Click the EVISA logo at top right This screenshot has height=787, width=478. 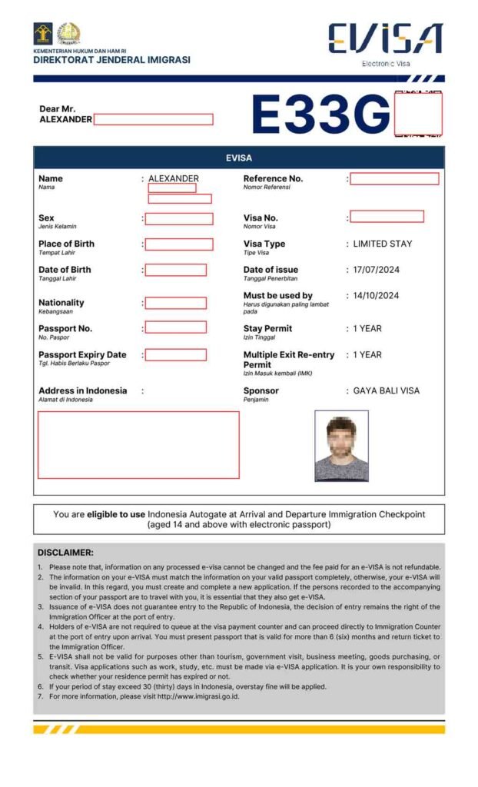point(385,40)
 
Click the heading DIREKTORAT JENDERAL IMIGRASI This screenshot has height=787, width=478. point(111,60)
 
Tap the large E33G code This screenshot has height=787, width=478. point(321,115)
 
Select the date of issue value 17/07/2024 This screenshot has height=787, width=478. point(376,270)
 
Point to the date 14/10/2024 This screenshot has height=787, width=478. point(376,296)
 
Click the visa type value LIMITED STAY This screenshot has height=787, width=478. point(382,244)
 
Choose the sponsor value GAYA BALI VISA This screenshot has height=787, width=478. point(386,390)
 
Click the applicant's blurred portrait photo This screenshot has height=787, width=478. point(341,446)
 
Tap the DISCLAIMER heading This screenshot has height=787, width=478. point(65,553)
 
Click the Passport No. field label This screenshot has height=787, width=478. point(65,329)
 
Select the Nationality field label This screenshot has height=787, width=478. point(61,303)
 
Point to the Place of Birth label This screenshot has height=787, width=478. point(66,244)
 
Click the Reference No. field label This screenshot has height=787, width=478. point(273,178)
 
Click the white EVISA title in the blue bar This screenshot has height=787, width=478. point(238,158)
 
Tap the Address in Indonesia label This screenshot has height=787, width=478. point(82,390)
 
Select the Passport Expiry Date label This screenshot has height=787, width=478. point(82,355)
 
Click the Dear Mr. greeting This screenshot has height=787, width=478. point(58,109)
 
